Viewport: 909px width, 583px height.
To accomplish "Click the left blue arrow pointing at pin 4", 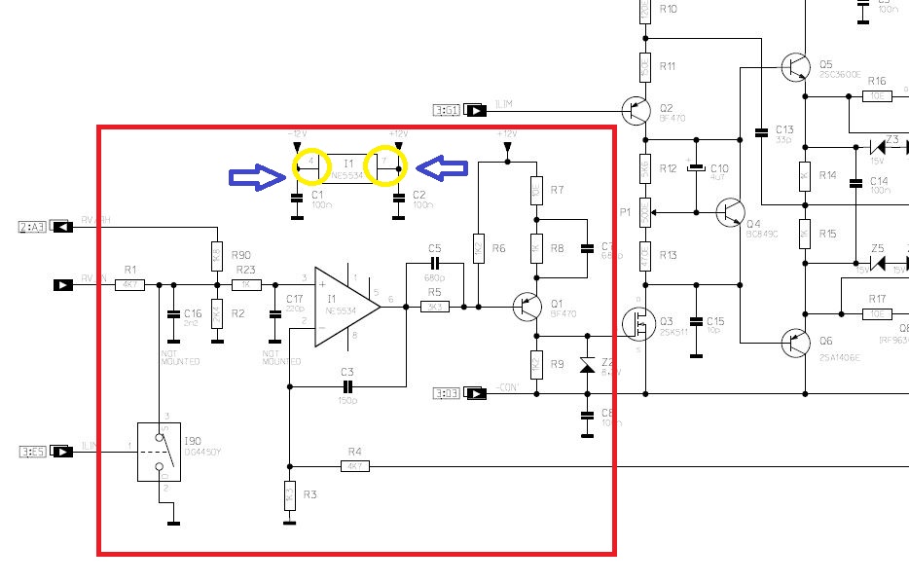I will pos(258,176).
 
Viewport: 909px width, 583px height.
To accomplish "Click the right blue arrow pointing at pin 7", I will pos(457,168).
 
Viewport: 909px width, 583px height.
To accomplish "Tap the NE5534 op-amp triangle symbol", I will pos(345,307).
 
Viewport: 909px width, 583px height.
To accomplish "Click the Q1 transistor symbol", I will pos(528,307).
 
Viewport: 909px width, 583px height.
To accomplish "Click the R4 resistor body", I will pos(354,467).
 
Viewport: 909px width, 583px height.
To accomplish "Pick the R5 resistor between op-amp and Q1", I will pos(433,307).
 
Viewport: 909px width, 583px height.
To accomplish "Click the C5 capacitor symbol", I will pos(434,264).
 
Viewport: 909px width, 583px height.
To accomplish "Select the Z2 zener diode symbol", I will pos(586,364).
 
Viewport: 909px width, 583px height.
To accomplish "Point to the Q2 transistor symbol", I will pos(637,110).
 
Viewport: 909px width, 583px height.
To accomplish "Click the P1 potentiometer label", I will pos(626,211).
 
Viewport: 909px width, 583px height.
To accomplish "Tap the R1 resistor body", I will pos(129,285).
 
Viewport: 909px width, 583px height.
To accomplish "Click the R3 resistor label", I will pos(309,494).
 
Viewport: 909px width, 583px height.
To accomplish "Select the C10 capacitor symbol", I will pos(695,168).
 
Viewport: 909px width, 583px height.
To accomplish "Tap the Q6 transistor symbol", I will pos(795,342).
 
